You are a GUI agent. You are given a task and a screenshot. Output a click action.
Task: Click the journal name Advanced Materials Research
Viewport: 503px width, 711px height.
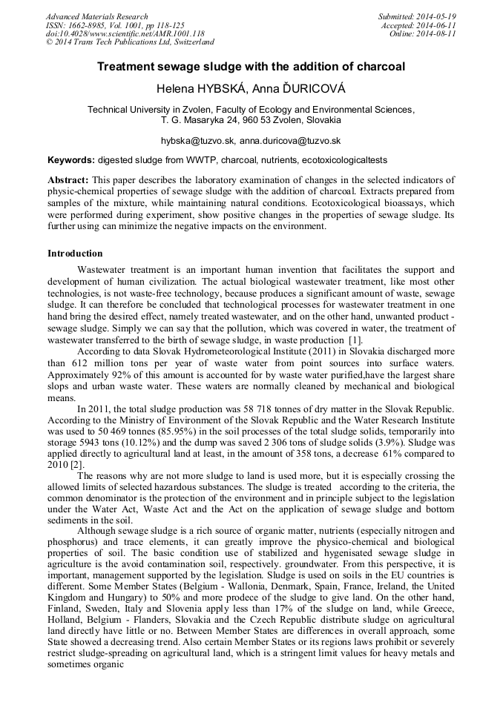(x=96, y=16)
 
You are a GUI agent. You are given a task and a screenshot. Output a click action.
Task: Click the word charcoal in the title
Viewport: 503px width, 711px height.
(x=380, y=67)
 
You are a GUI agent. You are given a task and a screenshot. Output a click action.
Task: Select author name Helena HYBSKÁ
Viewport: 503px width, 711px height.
(x=197, y=89)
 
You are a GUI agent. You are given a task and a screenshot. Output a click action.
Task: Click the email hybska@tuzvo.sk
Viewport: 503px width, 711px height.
(x=197, y=140)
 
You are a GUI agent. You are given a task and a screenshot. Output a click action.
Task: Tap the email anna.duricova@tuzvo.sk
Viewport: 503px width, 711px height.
(x=290, y=140)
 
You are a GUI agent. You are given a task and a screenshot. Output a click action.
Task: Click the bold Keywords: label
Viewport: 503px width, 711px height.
(x=71, y=160)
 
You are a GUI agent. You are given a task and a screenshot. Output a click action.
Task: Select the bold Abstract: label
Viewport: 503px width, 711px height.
(x=68, y=180)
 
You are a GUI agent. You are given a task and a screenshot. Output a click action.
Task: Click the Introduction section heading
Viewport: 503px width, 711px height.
(x=75, y=254)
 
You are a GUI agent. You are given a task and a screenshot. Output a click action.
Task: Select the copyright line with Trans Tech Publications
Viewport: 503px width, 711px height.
(x=130, y=42)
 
